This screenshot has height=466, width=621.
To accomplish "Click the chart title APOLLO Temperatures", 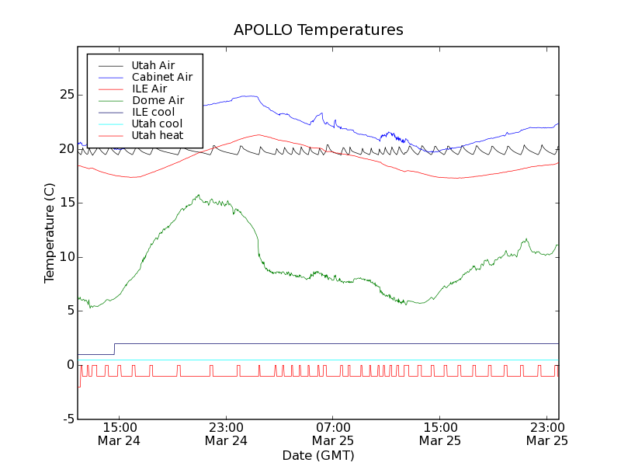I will coord(318,30).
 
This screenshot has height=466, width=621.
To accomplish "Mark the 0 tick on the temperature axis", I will coord(70,365).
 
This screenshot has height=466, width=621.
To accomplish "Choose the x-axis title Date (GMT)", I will coord(318,455).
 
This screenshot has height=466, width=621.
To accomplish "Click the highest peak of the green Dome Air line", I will coord(199,195).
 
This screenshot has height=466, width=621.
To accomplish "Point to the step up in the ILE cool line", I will coord(115,349).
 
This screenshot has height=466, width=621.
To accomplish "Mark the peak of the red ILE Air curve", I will coord(258,134).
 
